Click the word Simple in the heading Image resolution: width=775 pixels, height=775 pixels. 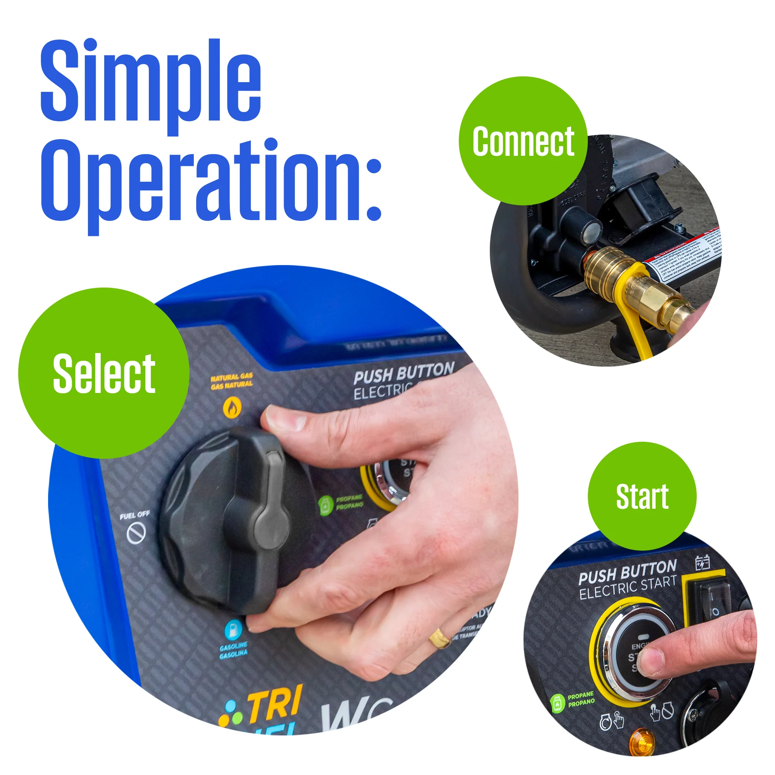(x=151, y=82)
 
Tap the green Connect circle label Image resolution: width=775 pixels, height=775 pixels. (x=523, y=141)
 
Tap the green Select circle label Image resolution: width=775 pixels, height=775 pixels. (x=104, y=374)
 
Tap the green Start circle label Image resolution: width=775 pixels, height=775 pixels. (x=642, y=497)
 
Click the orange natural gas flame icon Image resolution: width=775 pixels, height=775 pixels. (x=232, y=408)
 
